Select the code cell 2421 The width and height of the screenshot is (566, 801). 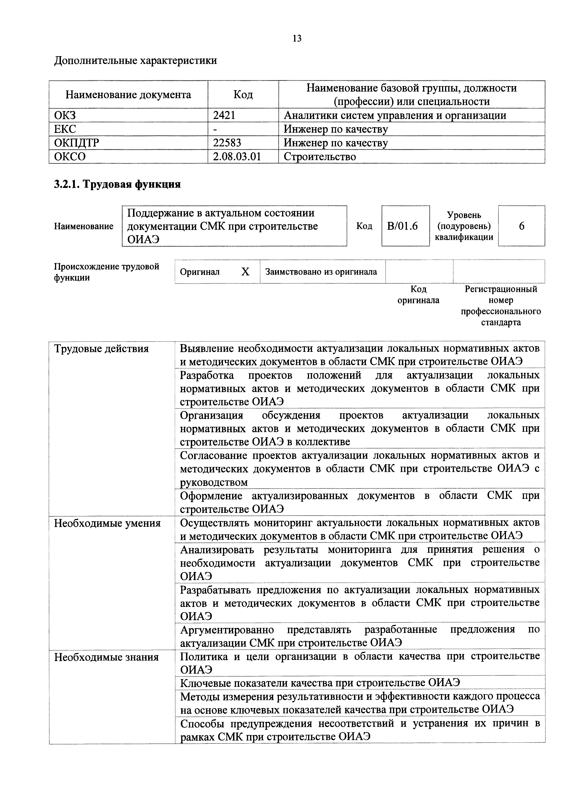pyautogui.click(x=224, y=116)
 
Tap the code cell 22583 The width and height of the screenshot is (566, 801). pyautogui.click(x=227, y=143)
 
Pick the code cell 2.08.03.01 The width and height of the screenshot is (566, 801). pyautogui.click(x=237, y=156)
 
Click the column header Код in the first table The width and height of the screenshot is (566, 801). pyautogui.click(x=243, y=95)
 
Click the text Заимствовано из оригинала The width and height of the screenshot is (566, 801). pyautogui.click(x=321, y=272)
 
